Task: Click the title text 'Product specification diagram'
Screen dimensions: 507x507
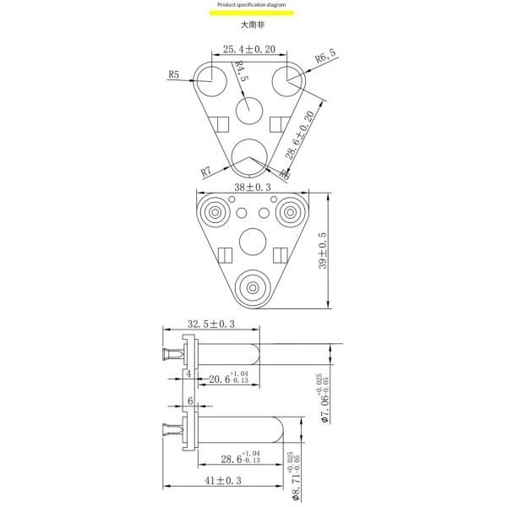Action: click(x=253, y=5)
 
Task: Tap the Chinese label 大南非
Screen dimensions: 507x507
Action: click(x=253, y=25)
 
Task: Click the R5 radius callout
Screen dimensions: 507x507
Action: click(x=174, y=74)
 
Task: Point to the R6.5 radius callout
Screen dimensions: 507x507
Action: click(x=325, y=57)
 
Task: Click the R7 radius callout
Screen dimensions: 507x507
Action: click(x=205, y=172)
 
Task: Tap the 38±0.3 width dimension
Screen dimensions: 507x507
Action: click(x=253, y=187)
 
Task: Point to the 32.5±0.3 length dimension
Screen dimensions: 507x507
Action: click(x=210, y=324)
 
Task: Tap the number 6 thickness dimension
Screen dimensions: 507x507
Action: click(x=190, y=401)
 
